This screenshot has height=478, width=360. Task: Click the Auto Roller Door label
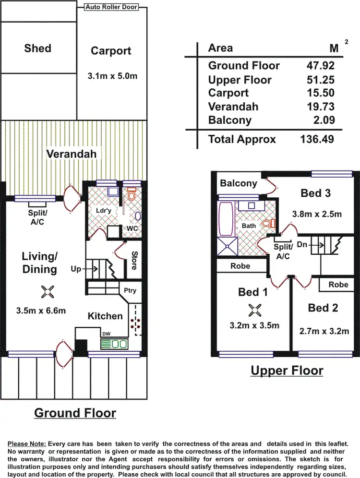[x=111, y=7]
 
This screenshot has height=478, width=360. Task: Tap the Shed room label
[x=37, y=48]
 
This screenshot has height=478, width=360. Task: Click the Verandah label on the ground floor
[x=72, y=154]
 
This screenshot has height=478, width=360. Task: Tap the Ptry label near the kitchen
[x=130, y=290]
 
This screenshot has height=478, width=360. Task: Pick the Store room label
[x=134, y=261]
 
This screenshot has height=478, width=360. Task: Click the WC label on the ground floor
[x=132, y=228]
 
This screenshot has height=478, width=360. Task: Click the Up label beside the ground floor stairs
[x=76, y=269]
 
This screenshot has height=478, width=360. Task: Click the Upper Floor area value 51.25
[x=320, y=80]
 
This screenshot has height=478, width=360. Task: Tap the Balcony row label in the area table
[x=229, y=119]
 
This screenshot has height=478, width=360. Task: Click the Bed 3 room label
[x=316, y=193]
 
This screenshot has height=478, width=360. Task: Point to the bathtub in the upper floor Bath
[x=225, y=219]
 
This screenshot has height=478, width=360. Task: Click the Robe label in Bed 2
[x=338, y=285]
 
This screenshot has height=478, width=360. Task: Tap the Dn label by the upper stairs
[x=302, y=244]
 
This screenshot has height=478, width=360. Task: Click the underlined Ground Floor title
[x=75, y=413]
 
